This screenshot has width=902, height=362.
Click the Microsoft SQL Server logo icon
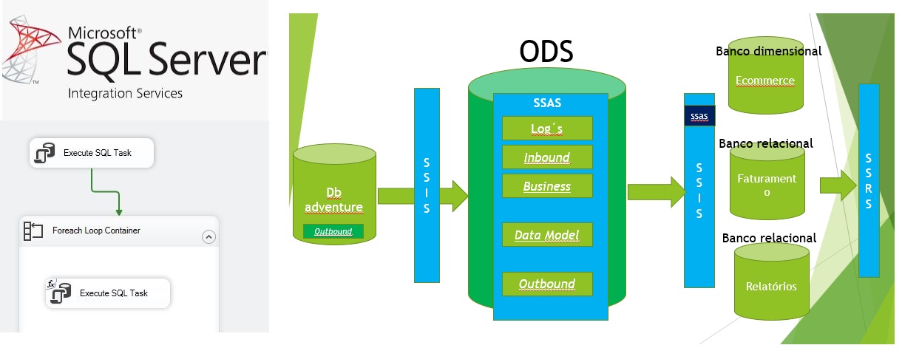tap(30, 52)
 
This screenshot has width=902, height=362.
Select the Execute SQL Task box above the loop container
tap(92, 153)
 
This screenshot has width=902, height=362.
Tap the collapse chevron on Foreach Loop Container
tap(208, 236)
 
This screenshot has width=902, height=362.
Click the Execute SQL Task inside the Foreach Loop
tap(108, 293)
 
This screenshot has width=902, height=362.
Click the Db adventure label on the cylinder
tap(333, 199)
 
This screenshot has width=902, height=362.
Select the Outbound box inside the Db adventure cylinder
tap(333, 231)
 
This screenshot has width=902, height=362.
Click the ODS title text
tap(546, 52)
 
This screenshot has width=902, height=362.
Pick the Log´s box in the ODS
tap(547, 129)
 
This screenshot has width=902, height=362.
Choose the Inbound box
tap(547, 157)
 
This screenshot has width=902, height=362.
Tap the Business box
tap(547, 186)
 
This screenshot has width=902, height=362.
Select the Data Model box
tap(547, 235)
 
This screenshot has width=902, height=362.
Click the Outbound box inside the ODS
tap(547, 284)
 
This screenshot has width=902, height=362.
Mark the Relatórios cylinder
tap(771, 285)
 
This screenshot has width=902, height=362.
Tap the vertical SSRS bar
tap(869, 181)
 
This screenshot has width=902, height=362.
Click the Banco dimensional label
tap(768, 51)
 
